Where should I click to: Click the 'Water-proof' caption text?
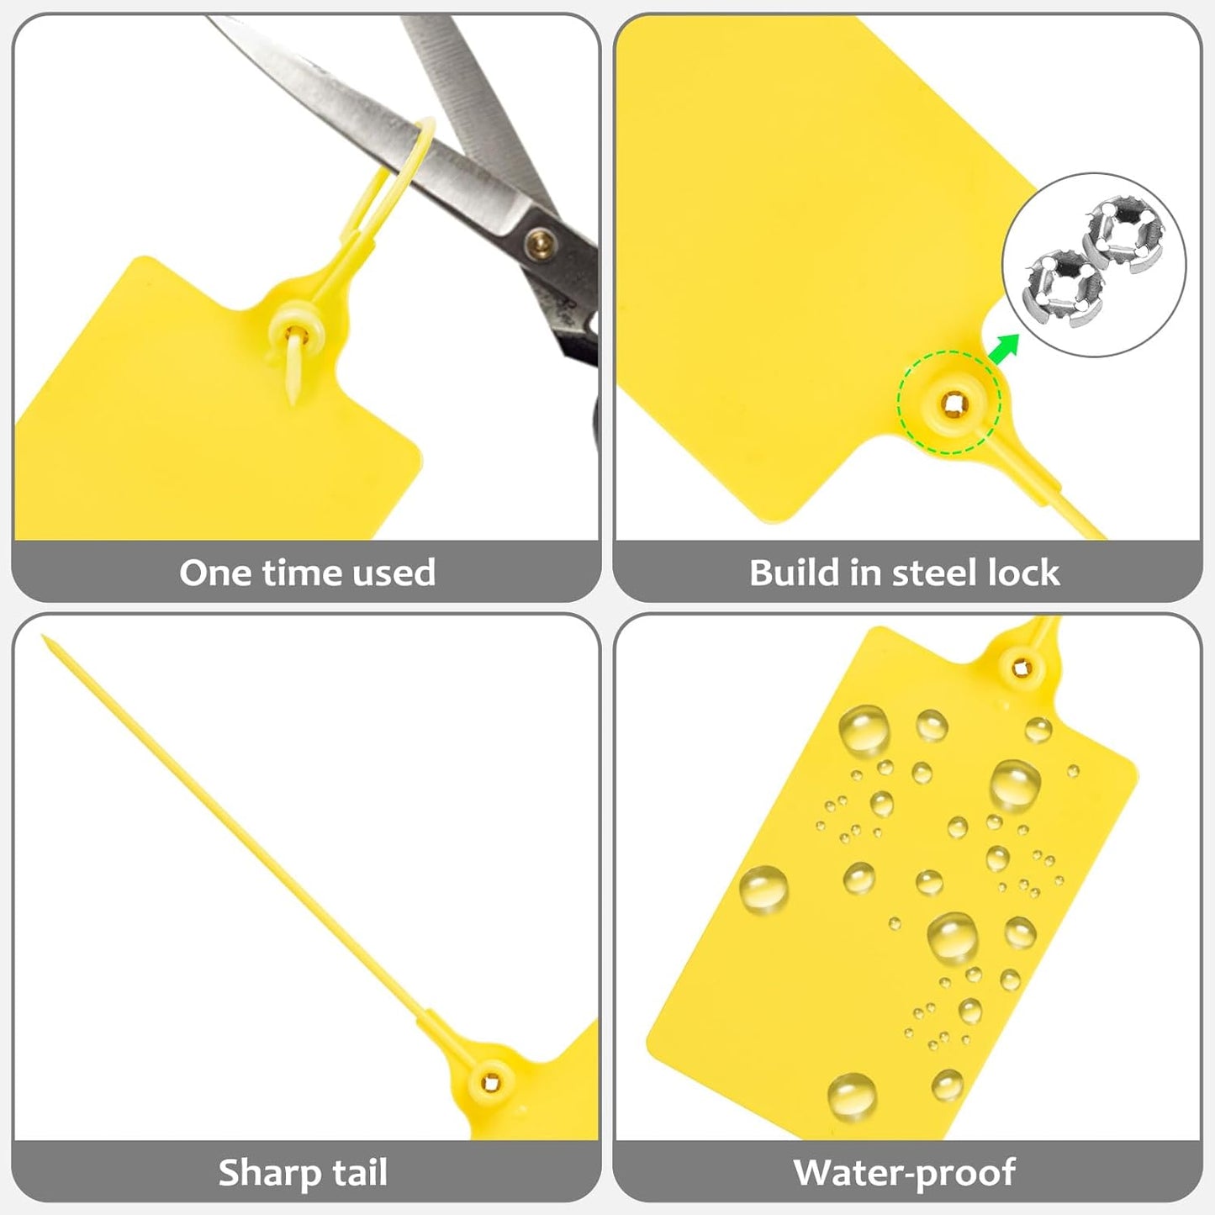coord(905,1172)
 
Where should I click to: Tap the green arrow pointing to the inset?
coord(1004,346)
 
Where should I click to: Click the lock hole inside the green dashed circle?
coord(954,405)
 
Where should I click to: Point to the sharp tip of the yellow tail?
coord(45,640)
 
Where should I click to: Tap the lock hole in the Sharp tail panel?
coord(491,1082)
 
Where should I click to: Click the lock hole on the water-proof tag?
coord(1021,668)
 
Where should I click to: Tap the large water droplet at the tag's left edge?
coord(763,890)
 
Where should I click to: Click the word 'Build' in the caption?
coord(795,573)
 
